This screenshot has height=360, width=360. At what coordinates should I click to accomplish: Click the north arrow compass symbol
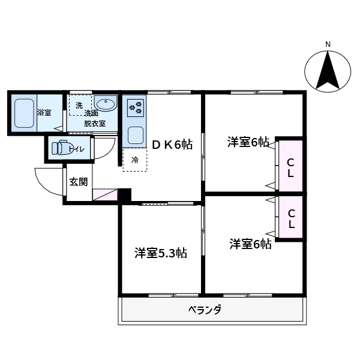[328, 71]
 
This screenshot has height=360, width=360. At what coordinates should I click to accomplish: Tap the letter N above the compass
[328, 44]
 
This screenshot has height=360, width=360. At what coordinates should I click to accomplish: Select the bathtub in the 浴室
[23, 113]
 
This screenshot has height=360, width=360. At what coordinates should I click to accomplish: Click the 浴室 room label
[44, 113]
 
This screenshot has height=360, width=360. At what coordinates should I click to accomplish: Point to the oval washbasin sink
[106, 104]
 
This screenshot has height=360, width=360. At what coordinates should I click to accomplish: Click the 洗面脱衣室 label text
[94, 119]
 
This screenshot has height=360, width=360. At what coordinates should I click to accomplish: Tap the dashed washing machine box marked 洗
[79, 106]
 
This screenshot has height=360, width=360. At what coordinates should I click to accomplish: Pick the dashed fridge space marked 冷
[135, 160]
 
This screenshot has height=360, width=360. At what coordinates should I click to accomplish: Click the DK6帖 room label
[172, 145]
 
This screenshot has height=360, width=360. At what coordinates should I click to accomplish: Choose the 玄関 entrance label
[78, 182]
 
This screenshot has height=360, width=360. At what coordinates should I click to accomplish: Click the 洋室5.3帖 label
[160, 253]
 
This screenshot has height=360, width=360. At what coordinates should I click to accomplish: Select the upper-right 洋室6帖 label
[248, 142]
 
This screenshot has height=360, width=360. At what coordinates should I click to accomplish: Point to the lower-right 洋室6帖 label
[250, 244]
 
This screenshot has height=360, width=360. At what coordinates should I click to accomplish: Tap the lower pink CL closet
[290, 218]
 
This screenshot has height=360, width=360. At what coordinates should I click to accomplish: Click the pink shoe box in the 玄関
[105, 194]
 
